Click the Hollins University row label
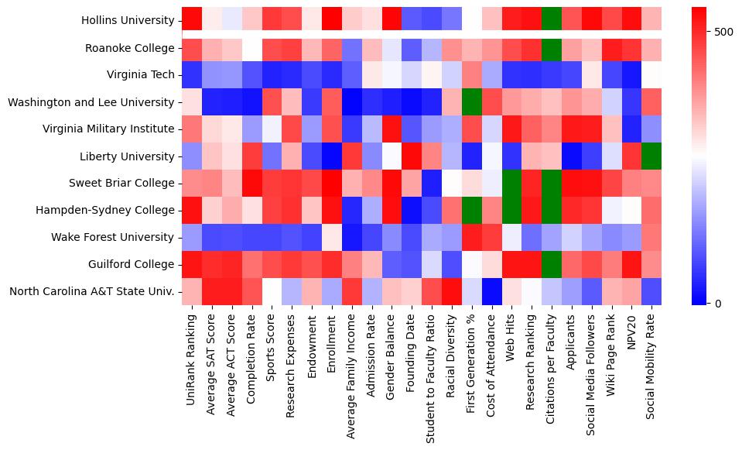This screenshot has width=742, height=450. (x=128, y=21)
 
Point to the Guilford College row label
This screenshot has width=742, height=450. (x=133, y=264)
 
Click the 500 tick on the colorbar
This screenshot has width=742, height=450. (x=724, y=32)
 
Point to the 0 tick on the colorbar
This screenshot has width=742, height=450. (x=718, y=303)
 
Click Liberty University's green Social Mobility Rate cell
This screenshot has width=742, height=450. (x=651, y=156)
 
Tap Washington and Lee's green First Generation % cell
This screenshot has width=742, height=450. (x=471, y=102)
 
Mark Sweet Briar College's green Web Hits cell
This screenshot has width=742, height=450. (x=511, y=184)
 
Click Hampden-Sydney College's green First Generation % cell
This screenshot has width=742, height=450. (x=471, y=211)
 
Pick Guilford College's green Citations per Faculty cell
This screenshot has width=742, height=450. (x=552, y=264)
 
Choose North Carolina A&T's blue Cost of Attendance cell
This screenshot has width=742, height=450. (x=491, y=291)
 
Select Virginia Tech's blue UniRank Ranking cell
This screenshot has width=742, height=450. (x=191, y=75)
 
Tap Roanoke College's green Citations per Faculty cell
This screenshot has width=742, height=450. (x=552, y=48)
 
